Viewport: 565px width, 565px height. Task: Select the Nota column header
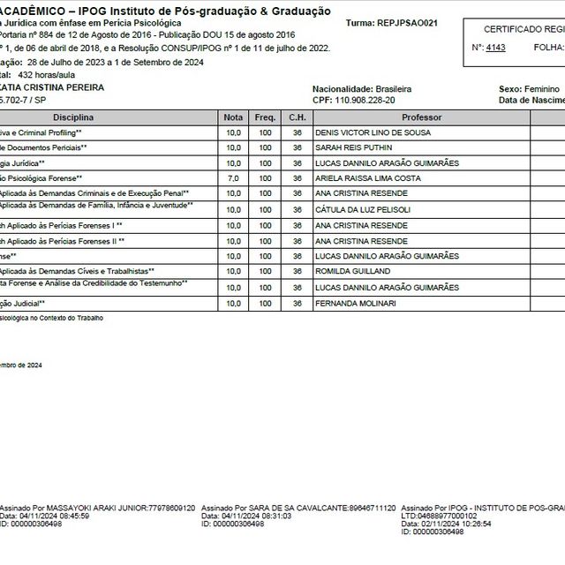click(233, 117)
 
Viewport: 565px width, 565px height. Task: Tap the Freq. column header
click(265, 117)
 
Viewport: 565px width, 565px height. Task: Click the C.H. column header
click(296, 117)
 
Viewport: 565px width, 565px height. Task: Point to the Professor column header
click(421, 117)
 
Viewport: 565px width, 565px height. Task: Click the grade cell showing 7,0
click(233, 178)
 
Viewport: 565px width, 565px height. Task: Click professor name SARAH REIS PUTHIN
click(355, 147)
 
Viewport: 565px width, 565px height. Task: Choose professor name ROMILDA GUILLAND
click(354, 272)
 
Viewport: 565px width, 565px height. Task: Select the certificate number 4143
click(496, 47)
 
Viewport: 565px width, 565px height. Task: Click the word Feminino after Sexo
click(540, 89)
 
